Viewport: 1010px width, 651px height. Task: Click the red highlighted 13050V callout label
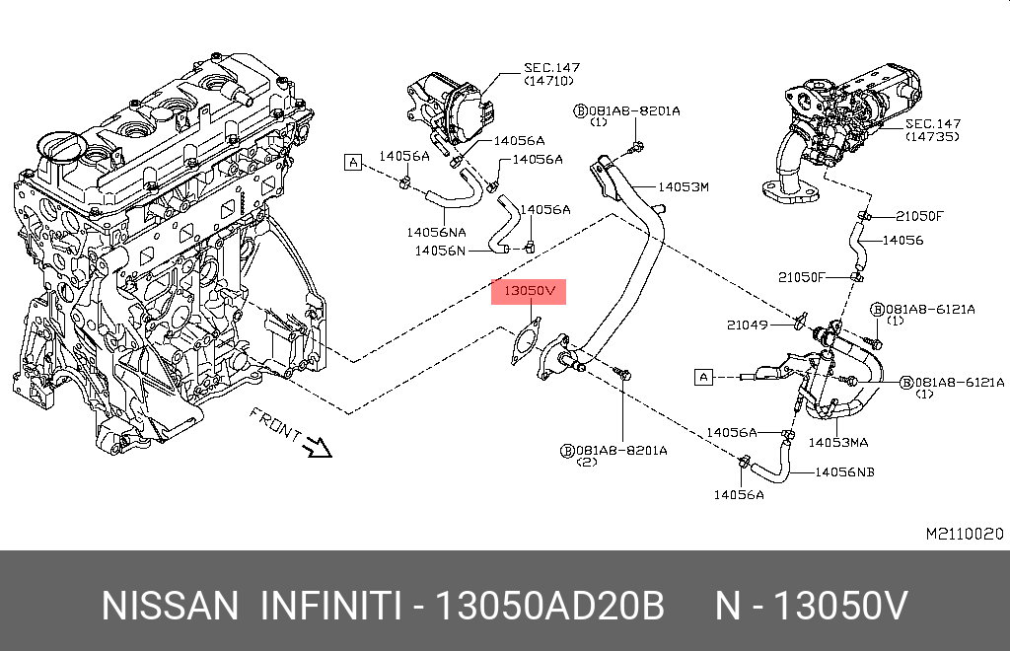[531, 292]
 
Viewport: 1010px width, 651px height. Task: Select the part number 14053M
[684, 186]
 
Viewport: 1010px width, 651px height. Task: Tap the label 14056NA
[435, 233]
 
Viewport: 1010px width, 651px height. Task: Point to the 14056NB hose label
[844, 472]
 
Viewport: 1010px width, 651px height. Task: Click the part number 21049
[747, 325]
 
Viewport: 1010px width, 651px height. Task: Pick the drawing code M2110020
[964, 534]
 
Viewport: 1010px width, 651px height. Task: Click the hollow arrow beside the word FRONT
[318, 448]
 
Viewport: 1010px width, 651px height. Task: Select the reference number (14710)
[548, 81]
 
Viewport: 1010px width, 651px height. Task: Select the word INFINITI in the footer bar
[329, 606]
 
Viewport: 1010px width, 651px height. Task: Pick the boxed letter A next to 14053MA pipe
[703, 376]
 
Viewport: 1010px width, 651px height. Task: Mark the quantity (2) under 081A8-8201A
[585, 462]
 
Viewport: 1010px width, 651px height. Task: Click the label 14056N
[439, 251]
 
